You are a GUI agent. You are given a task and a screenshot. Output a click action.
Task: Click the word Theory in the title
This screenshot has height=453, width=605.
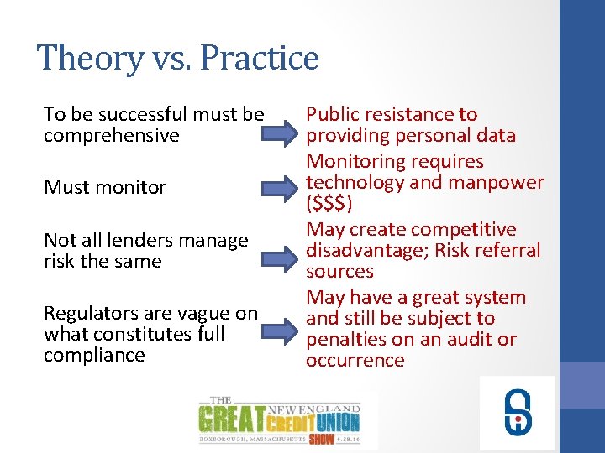click(x=80, y=59)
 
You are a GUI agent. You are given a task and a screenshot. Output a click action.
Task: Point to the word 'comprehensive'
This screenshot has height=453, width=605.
click(x=112, y=136)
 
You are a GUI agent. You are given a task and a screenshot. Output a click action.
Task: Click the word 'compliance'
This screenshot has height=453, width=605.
click(x=94, y=356)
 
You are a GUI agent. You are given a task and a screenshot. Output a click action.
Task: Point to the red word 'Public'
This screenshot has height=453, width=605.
click(x=332, y=115)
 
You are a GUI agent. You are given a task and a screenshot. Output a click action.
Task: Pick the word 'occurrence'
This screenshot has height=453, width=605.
click(x=355, y=361)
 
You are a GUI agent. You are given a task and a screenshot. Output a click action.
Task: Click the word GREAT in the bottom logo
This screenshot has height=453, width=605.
click(x=230, y=417)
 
